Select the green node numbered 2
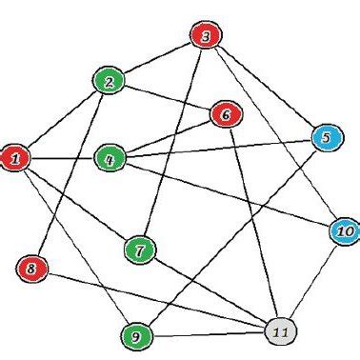coord(110,82)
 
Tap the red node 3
coord(205,37)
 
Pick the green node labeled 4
coord(110,158)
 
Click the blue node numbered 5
coord(326,139)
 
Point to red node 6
coord(226,115)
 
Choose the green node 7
coord(140,251)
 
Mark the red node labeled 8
coord(30,269)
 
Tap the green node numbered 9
coord(137,335)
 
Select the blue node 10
coord(344,230)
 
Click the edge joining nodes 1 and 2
coord(62,120)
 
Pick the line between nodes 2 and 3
coord(157,59)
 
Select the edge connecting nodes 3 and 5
coord(266,89)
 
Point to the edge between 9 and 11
coord(208,333)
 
